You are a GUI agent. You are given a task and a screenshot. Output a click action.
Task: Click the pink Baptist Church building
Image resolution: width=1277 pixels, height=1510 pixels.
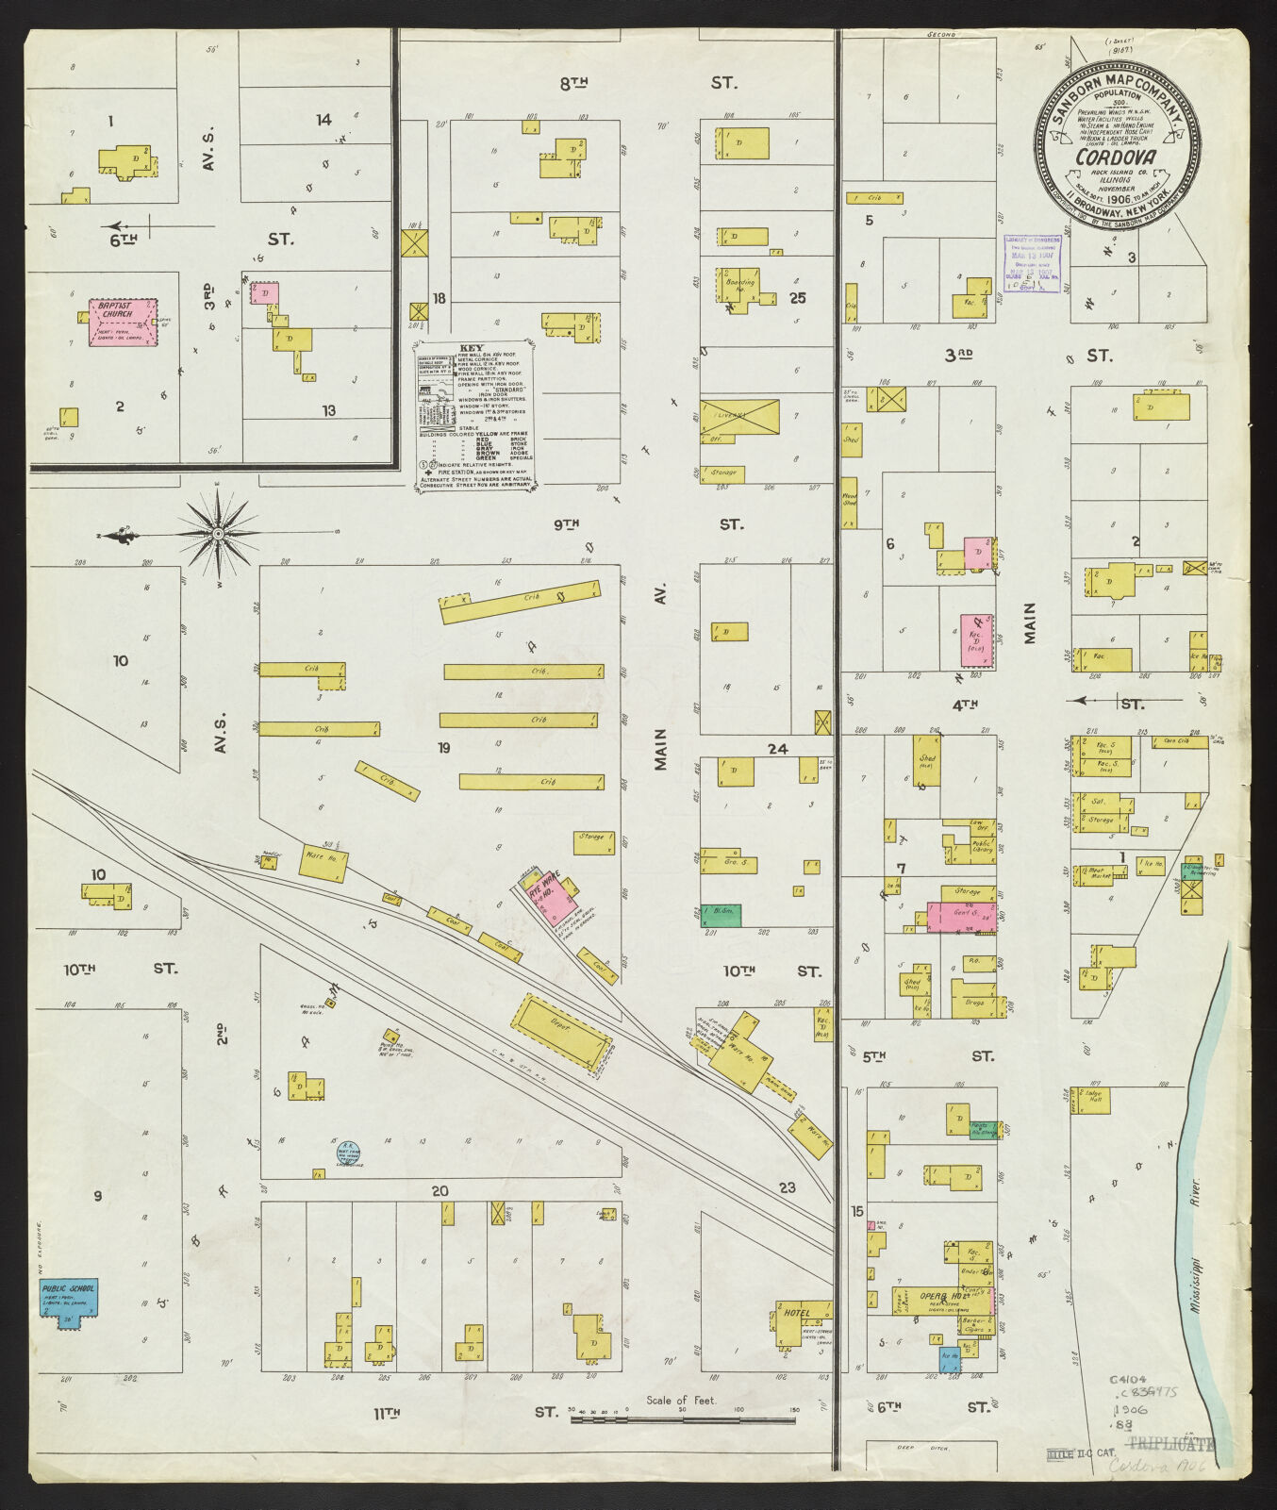(x=123, y=321)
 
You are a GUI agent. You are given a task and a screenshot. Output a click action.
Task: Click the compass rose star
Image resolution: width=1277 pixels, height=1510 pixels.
(x=219, y=534)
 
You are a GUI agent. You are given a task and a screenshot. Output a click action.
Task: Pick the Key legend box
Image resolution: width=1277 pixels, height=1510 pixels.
(x=475, y=415)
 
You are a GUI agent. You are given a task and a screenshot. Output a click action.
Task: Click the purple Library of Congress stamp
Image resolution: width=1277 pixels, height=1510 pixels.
(x=1032, y=263)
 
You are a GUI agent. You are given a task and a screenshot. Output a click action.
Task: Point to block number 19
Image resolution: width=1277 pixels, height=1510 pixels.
(x=443, y=748)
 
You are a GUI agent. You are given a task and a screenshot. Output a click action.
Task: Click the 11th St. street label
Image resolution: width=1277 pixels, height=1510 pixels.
(x=387, y=1412)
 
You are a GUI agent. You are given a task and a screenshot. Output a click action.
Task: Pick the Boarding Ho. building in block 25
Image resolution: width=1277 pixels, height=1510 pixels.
(x=742, y=286)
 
